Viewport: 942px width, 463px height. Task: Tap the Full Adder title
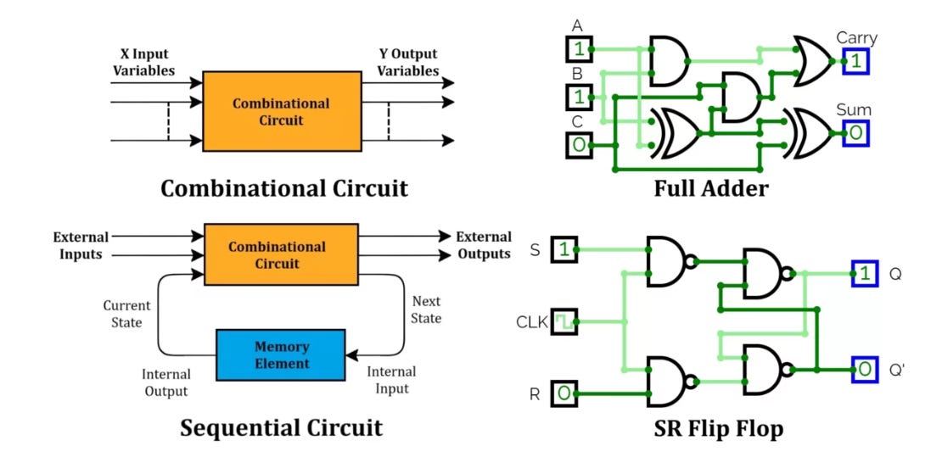tap(710, 187)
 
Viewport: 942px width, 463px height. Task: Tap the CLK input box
tap(564, 322)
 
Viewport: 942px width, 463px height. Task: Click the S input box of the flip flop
tap(564, 249)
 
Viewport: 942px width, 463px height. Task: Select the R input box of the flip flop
tap(564, 393)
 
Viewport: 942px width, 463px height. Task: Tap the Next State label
tap(426, 310)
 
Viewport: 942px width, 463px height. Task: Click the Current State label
tap(126, 314)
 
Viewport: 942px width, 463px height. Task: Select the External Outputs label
tap(483, 245)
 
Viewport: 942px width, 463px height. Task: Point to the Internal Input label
tap(391, 380)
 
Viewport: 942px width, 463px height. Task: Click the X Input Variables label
tap(143, 61)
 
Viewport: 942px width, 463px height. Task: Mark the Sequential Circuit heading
tap(281, 427)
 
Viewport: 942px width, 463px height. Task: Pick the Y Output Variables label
tap(408, 61)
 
